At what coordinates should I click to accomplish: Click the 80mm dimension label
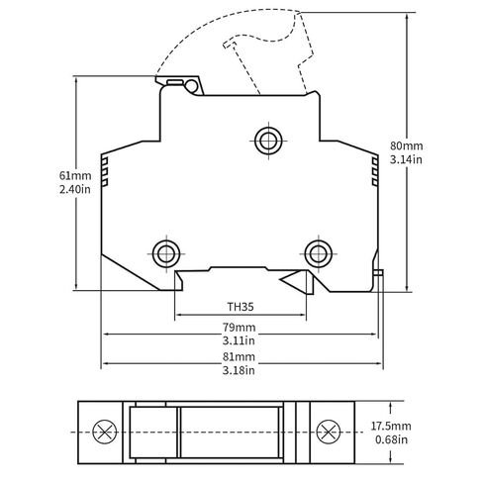click(x=406, y=145)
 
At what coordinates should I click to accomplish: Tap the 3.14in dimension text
click(x=406, y=159)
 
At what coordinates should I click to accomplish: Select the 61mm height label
click(x=75, y=175)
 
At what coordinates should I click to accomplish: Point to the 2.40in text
click(x=75, y=189)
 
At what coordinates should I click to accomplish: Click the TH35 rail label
click(x=241, y=307)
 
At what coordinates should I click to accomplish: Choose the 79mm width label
click(x=239, y=328)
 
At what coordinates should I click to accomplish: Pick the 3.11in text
click(x=239, y=340)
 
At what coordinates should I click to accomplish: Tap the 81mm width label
click(x=239, y=356)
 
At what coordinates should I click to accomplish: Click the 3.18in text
click(x=239, y=370)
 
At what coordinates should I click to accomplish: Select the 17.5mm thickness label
click(x=391, y=426)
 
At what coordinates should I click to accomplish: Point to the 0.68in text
click(x=391, y=439)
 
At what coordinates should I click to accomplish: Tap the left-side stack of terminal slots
click(x=105, y=172)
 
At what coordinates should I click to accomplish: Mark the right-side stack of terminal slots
click(x=375, y=171)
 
